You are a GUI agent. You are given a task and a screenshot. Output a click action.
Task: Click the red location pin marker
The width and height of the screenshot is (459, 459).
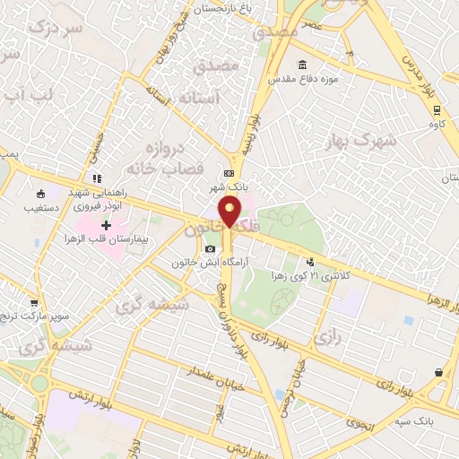pos(230,213)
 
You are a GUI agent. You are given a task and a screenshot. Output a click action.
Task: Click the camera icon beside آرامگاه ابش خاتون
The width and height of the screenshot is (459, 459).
pos(210,248)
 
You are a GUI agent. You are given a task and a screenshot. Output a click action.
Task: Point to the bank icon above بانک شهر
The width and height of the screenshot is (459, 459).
pos(229,173)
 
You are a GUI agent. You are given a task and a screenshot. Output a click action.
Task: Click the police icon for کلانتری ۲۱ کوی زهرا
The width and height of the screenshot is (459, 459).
pos(310,263)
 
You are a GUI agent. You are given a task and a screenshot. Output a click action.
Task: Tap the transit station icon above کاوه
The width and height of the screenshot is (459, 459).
pos(437,111)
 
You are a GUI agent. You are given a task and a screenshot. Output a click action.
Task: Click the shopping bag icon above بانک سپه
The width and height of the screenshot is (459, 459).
pos(437,372)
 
